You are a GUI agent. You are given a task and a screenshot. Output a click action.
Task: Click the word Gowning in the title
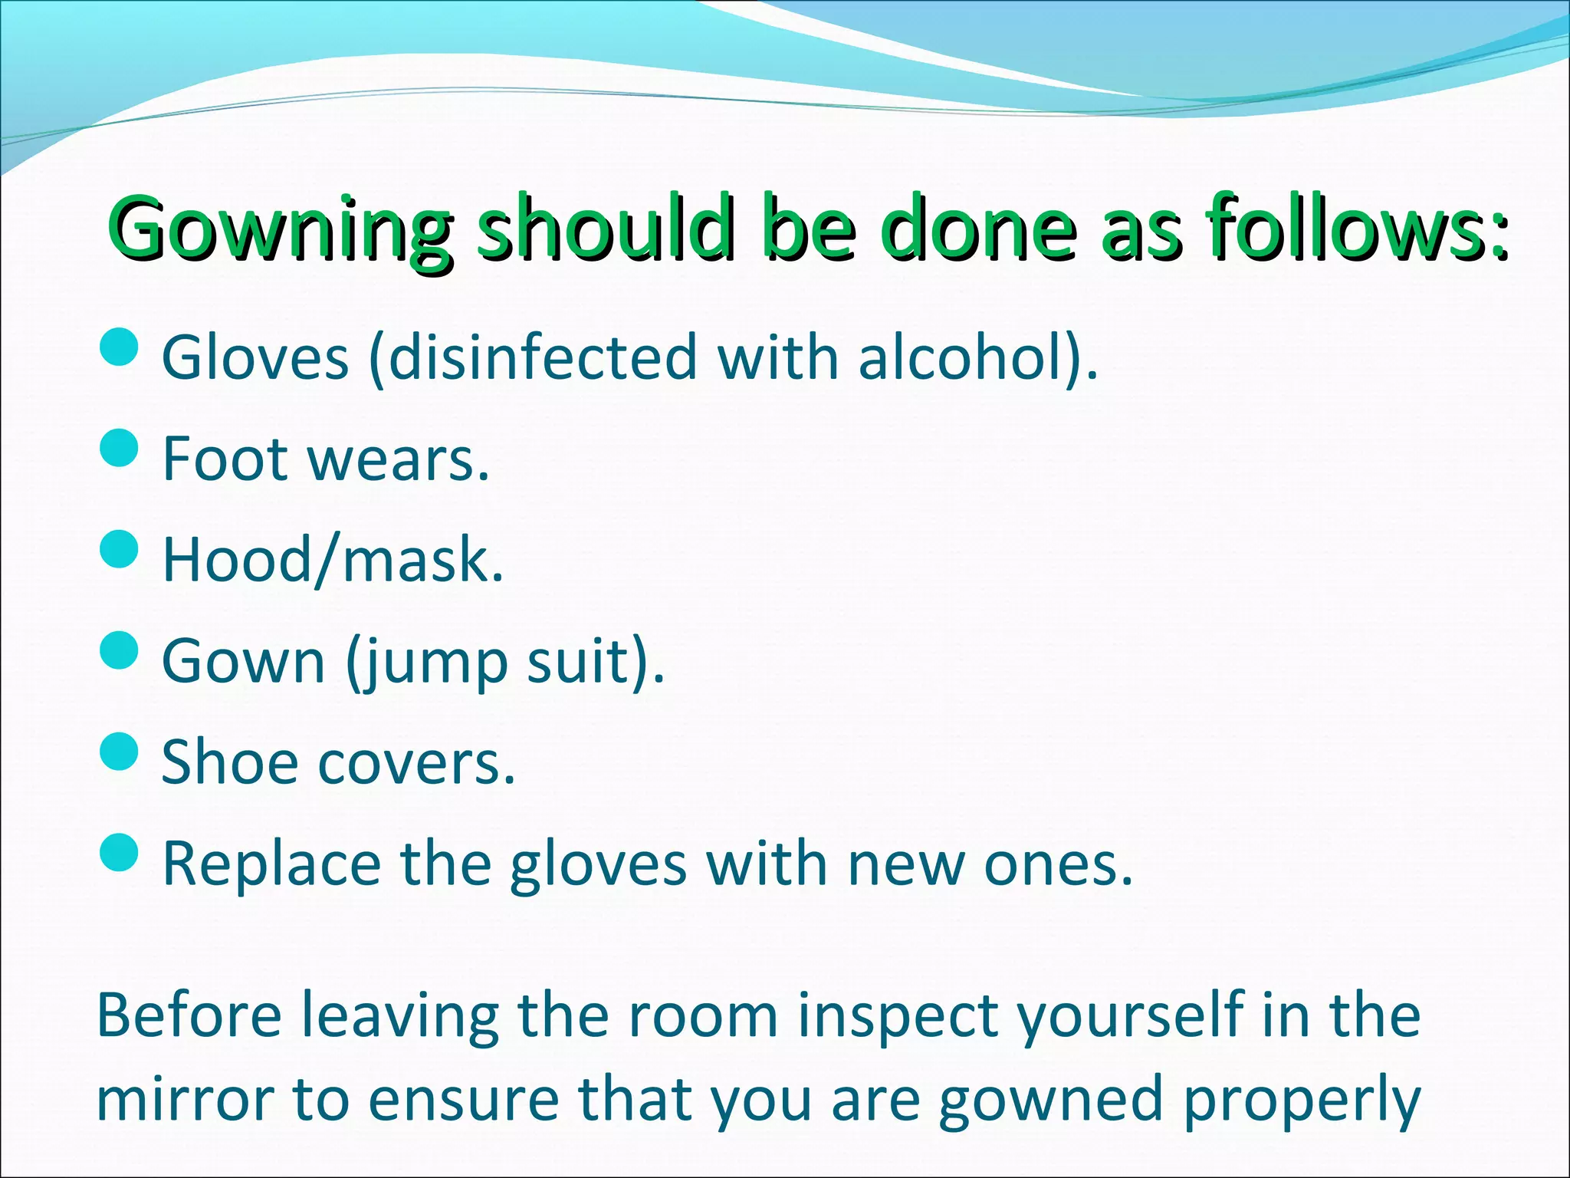280,228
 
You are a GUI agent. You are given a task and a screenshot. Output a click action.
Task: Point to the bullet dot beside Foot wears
120,448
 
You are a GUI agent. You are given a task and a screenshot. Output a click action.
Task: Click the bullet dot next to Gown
120,650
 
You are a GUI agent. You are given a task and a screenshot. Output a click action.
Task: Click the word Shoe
229,762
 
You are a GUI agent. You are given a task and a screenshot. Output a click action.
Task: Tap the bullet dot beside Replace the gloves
120,853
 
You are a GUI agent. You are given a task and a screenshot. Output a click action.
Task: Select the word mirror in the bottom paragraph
185,1099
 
